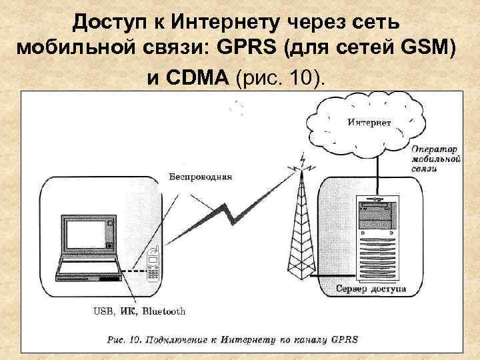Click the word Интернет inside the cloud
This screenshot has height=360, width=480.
click(369, 123)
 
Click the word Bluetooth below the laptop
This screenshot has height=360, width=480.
click(163, 311)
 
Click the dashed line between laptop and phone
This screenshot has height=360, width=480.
click(135, 271)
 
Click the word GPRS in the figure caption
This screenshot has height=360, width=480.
click(345, 339)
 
